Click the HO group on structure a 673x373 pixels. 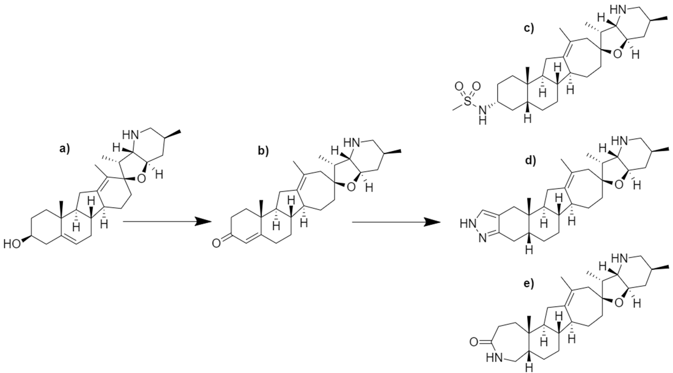(12, 244)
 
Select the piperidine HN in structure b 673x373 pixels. (351, 143)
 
